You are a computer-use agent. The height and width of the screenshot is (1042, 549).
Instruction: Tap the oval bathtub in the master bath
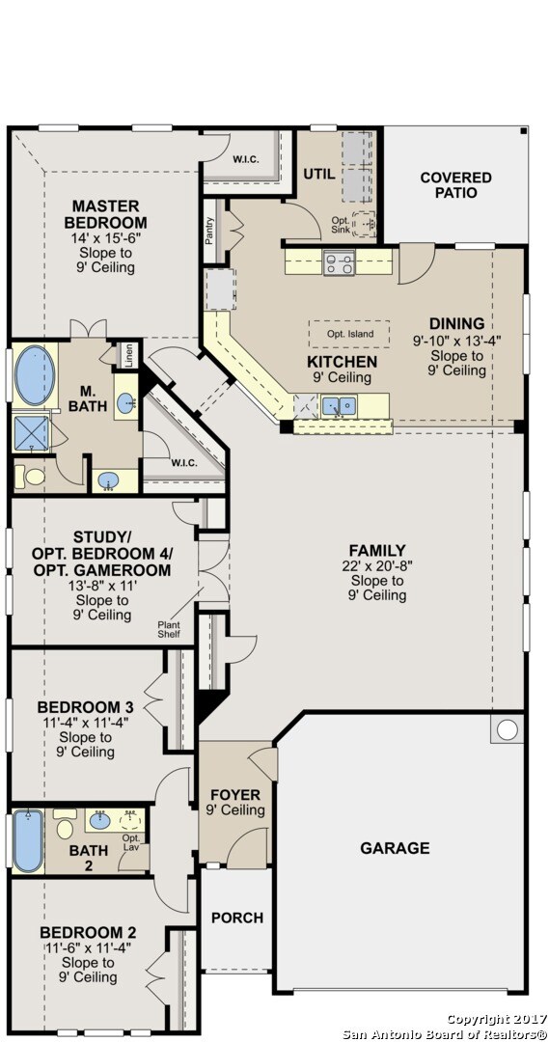35,375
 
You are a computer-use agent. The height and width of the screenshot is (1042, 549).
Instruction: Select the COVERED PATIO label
456,184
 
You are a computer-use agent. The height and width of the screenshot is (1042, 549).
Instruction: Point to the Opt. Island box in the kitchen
349,334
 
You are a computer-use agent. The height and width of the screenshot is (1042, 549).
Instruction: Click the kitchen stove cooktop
339,262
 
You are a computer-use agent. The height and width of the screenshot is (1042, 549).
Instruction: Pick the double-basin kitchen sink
339,404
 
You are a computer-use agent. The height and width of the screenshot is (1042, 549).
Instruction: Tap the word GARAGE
395,848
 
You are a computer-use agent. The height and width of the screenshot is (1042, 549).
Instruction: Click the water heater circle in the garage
508,729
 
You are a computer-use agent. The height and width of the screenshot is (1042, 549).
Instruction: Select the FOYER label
235,795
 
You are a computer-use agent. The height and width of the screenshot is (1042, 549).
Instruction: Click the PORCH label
237,918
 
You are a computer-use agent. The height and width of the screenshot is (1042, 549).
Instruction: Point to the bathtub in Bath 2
28,840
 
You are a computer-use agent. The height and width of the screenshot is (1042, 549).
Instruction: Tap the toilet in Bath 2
65,824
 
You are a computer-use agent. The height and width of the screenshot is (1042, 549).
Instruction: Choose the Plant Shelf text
168,629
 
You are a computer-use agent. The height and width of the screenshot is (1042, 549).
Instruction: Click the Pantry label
210,231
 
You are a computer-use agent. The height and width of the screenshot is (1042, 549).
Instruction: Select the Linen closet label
129,355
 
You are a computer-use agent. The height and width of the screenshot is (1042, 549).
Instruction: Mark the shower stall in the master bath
31,433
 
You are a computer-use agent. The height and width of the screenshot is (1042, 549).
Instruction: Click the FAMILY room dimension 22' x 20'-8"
377,565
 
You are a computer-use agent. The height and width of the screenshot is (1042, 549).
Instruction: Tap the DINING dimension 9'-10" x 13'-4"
456,341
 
